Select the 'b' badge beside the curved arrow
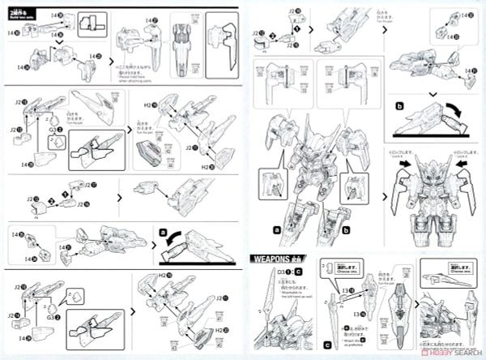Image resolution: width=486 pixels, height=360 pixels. coord(399,106)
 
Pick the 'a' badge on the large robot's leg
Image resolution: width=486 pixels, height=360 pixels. coord(277,230)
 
